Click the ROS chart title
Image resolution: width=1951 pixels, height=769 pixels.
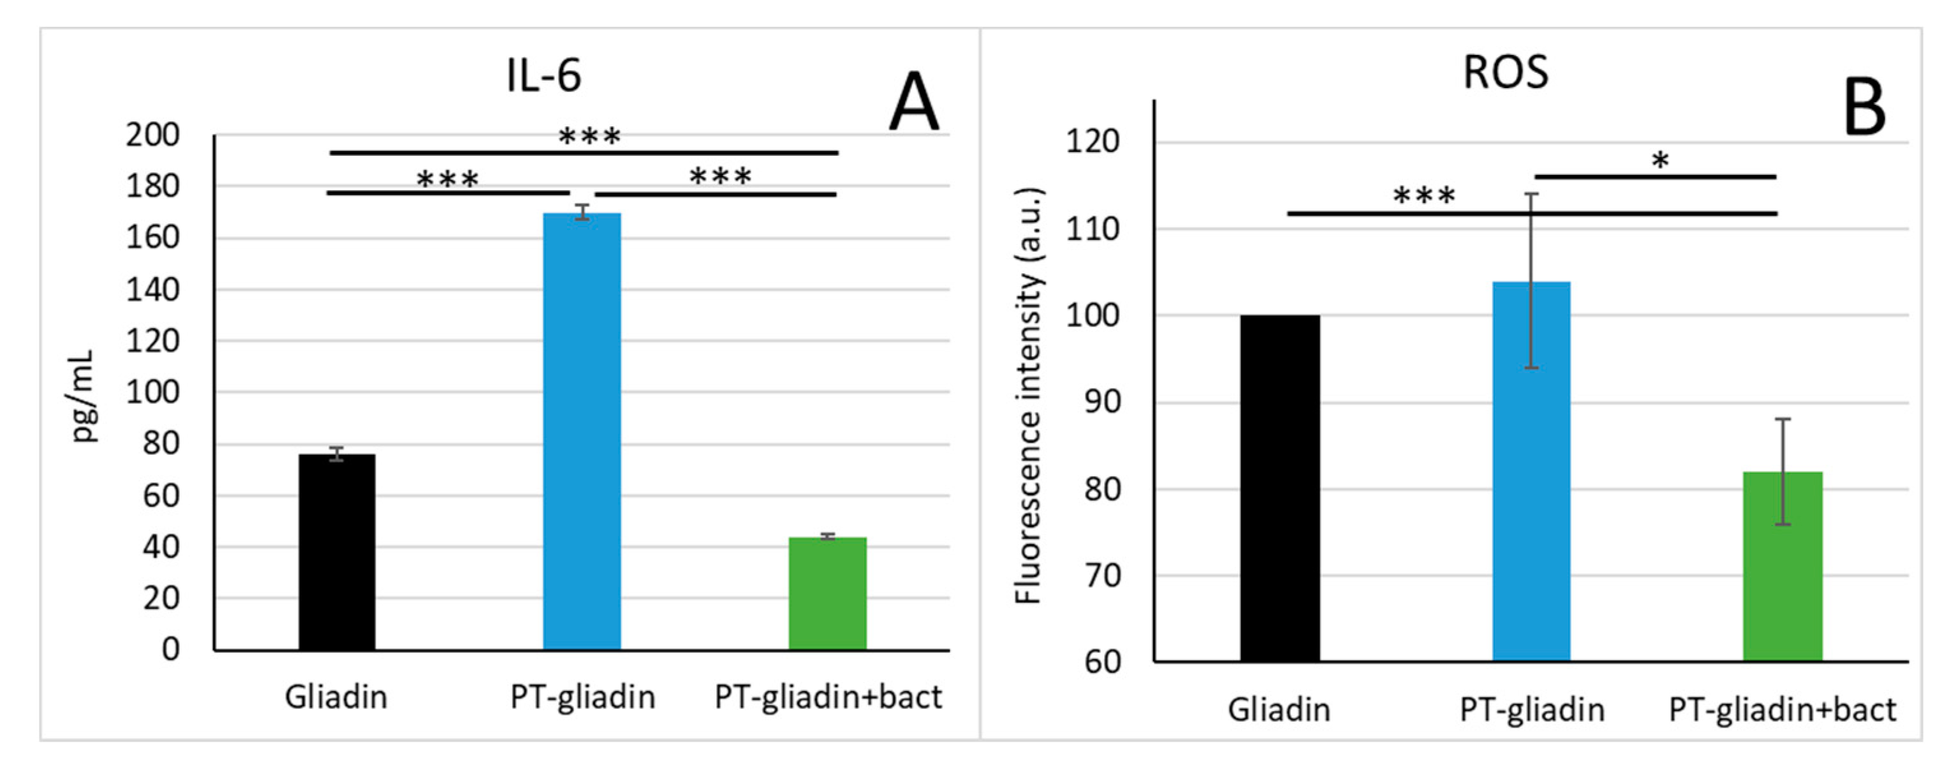[x=1505, y=73]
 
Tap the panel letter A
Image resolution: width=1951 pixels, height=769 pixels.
[x=913, y=104]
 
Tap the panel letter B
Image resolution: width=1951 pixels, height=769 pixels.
[x=1864, y=108]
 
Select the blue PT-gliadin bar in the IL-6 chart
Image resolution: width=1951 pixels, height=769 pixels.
[x=582, y=432]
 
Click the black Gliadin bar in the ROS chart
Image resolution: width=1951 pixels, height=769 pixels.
[x=1279, y=489]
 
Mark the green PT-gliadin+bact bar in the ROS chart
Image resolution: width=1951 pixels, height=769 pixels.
[x=1782, y=567]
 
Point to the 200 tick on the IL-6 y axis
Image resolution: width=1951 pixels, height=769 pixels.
[x=152, y=136]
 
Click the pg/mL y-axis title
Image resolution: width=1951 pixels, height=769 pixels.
[x=84, y=396]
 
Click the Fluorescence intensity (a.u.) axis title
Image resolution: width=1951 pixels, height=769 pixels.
[x=1029, y=396]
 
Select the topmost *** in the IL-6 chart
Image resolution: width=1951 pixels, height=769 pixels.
[x=589, y=137]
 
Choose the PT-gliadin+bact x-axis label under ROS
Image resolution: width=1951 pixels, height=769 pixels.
[x=1782, y=710]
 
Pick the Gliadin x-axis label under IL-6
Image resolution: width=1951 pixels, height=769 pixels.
[x=335, y=697]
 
